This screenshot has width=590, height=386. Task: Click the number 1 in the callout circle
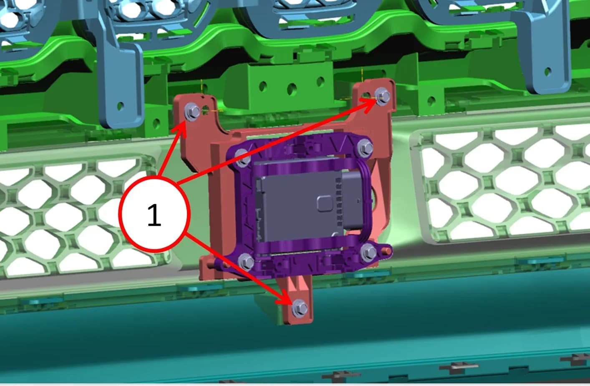154,214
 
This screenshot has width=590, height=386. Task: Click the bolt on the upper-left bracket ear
192,112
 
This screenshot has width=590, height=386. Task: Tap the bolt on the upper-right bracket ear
382,96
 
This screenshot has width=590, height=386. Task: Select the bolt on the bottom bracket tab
300,308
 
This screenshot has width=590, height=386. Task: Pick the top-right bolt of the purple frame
366,146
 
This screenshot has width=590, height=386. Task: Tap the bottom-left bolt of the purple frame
246,261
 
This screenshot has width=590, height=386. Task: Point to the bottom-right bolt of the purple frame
368,252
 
